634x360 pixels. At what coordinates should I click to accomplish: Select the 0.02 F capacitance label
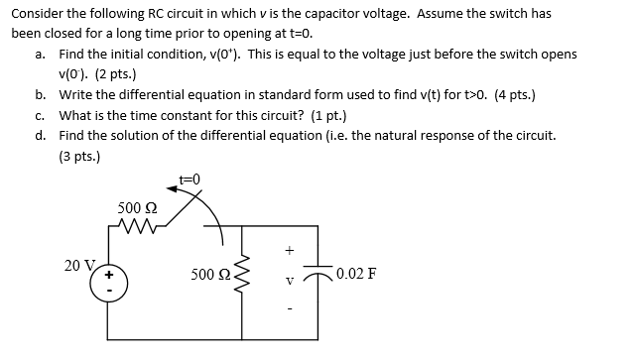[x=355, y=275]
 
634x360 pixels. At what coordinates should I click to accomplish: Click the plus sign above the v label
[x=290, y=251]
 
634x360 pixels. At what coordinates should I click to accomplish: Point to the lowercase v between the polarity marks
[x=290, y=278]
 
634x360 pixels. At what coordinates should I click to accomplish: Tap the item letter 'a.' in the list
[x=40, y=54]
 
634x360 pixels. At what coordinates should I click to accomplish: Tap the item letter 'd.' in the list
[x=40, y=136]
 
